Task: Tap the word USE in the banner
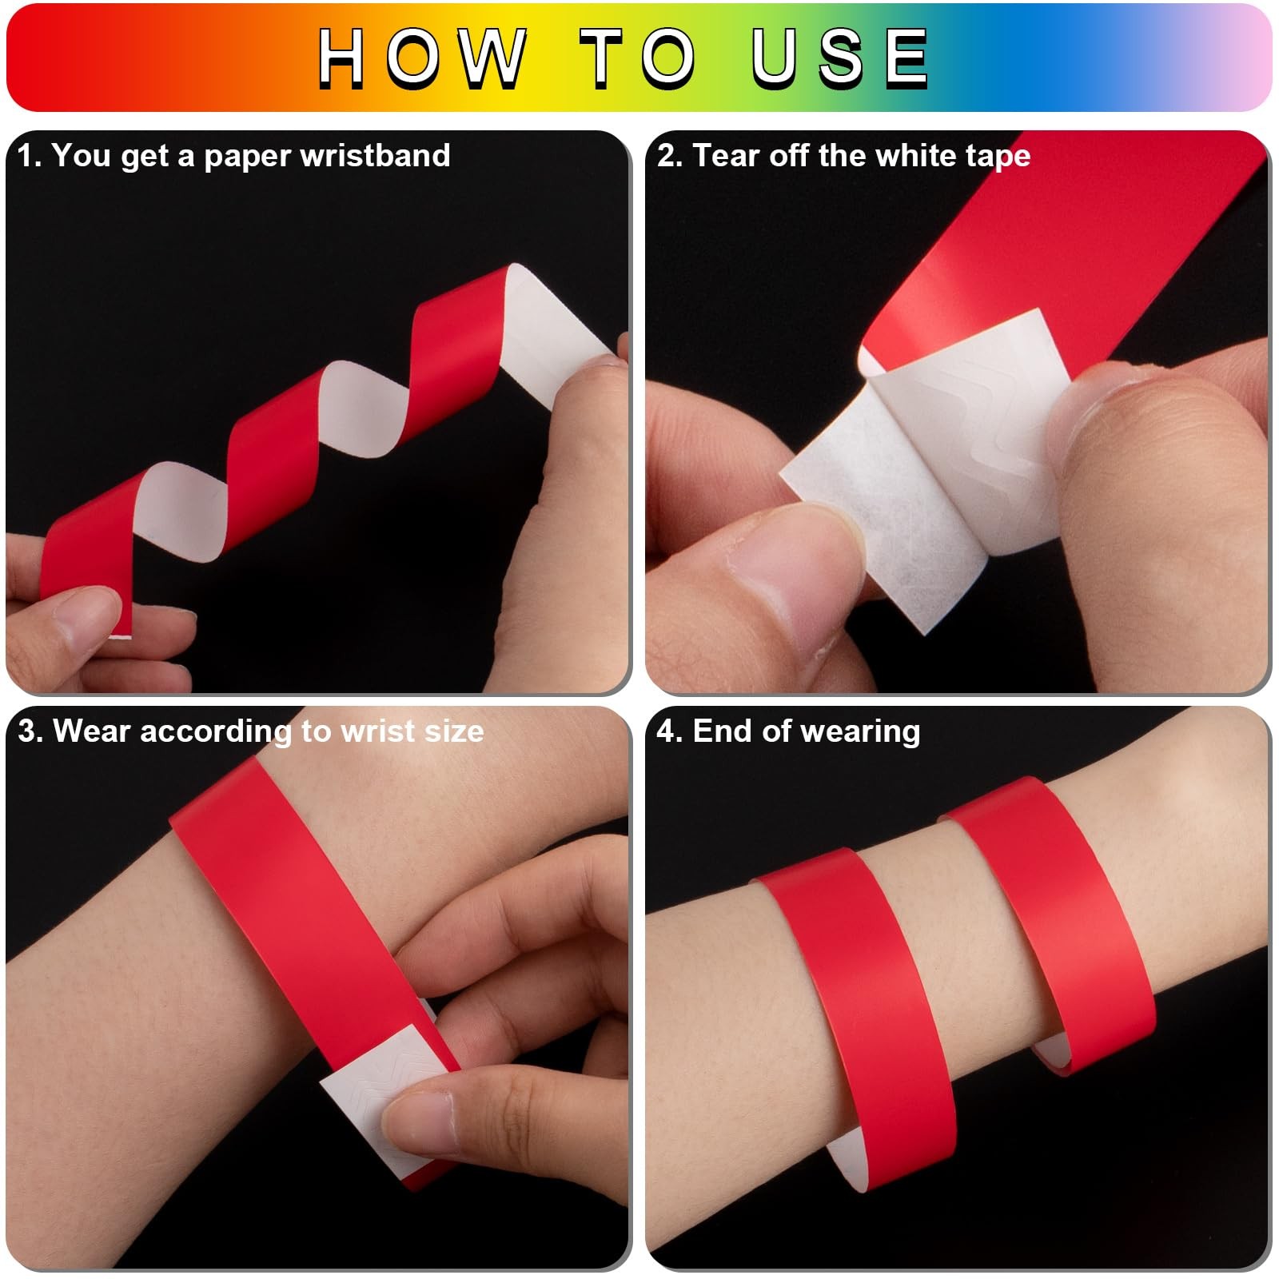pos(839,57)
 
